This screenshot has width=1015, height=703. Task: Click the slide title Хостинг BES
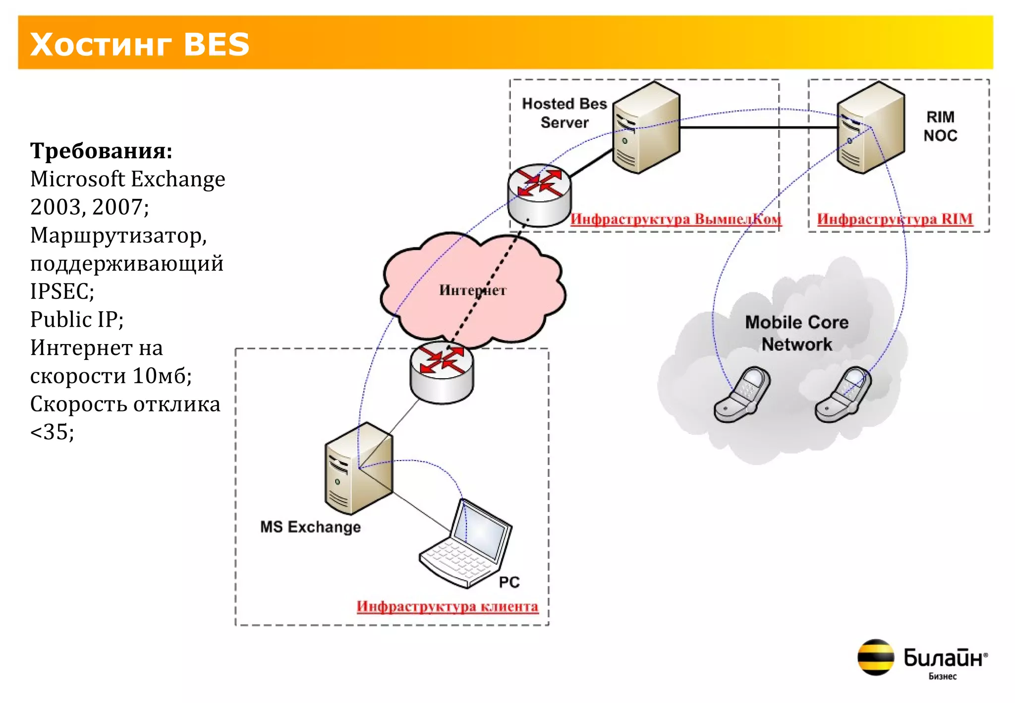140,44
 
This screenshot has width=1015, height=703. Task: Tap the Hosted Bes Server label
564,113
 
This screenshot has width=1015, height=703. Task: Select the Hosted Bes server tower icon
646,128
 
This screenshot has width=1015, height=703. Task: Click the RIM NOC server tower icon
870,128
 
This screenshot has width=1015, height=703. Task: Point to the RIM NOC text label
940,126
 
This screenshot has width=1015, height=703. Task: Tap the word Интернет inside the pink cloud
472,290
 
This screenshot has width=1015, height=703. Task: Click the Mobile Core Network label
796,333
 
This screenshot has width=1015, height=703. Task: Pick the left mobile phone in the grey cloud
742,395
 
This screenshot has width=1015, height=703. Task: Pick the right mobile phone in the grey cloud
843,395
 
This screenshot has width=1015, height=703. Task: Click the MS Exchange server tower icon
359,469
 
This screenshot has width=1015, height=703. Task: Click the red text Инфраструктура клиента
447,606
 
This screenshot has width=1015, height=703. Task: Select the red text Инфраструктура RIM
895,219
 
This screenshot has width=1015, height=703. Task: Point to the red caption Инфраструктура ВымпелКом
676,219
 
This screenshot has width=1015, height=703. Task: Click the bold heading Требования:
101,150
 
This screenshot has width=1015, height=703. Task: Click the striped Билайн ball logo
875,657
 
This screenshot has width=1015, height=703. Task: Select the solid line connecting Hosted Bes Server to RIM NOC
758,127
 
